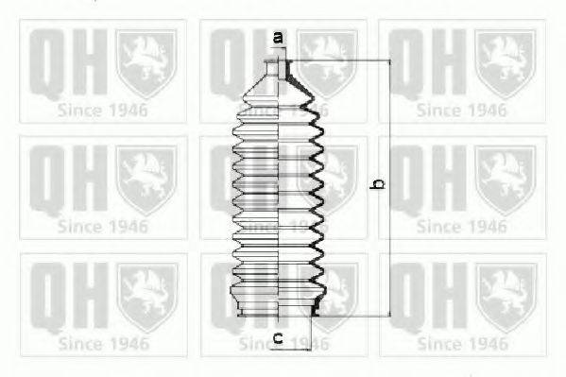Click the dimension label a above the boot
[x=278, y=38]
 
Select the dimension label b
[x=376, y=186]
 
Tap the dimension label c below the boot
[x=278, y=337]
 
